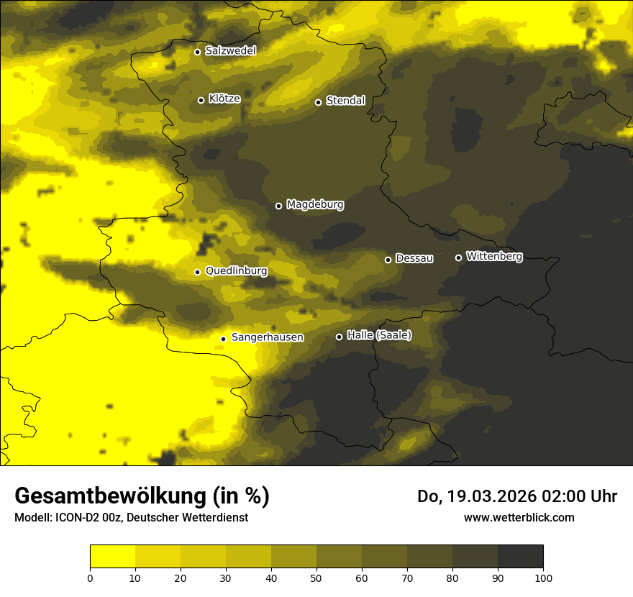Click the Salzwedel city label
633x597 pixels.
[230, 51]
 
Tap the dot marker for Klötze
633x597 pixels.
[201, 100]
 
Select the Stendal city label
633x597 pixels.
[345, 101]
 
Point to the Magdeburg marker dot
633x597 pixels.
[278, 206]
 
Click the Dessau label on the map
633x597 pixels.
[414, 258]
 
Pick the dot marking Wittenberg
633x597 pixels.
[458, 258]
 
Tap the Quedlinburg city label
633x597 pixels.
[236, 271]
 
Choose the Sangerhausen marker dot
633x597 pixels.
[223, 339]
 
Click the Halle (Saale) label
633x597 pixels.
[379, 335]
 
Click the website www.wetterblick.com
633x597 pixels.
[519, 517]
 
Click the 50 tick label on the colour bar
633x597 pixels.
[316, 578]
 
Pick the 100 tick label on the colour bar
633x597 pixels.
[543, 578]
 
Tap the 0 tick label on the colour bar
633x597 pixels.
[90, 578]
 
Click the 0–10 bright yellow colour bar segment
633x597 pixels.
[112, 556]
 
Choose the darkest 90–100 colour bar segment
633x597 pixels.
[520, 556]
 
